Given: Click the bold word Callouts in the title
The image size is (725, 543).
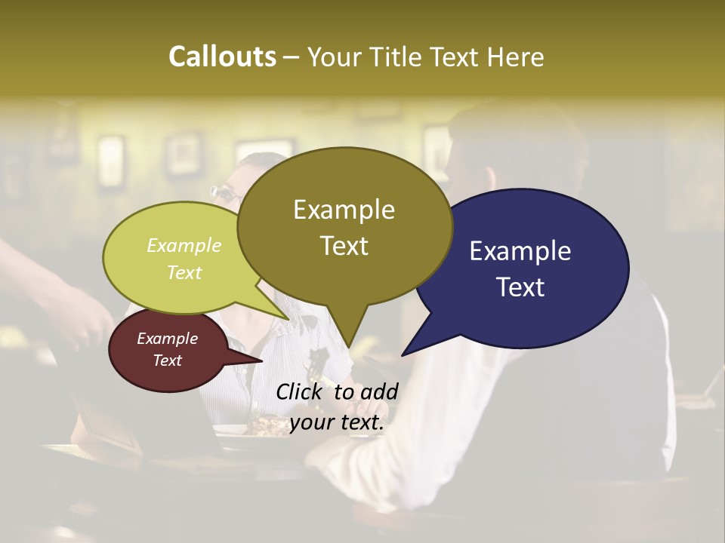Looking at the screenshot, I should click(x=222, y=57).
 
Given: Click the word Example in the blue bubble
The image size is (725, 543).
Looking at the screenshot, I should click(x=520, y=251).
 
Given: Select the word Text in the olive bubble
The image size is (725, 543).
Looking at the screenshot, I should click(x=344, y=246).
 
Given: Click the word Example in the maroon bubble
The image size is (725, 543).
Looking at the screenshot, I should click(x=167, y=339).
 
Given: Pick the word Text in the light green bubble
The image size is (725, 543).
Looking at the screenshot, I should click(x=184, y=272).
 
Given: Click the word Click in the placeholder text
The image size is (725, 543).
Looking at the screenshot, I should click(x=300, y=391).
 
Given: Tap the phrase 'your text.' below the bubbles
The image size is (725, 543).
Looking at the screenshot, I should click(x=337, y=423).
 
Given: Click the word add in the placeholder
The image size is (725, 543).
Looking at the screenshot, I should click(x=378, y=391).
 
